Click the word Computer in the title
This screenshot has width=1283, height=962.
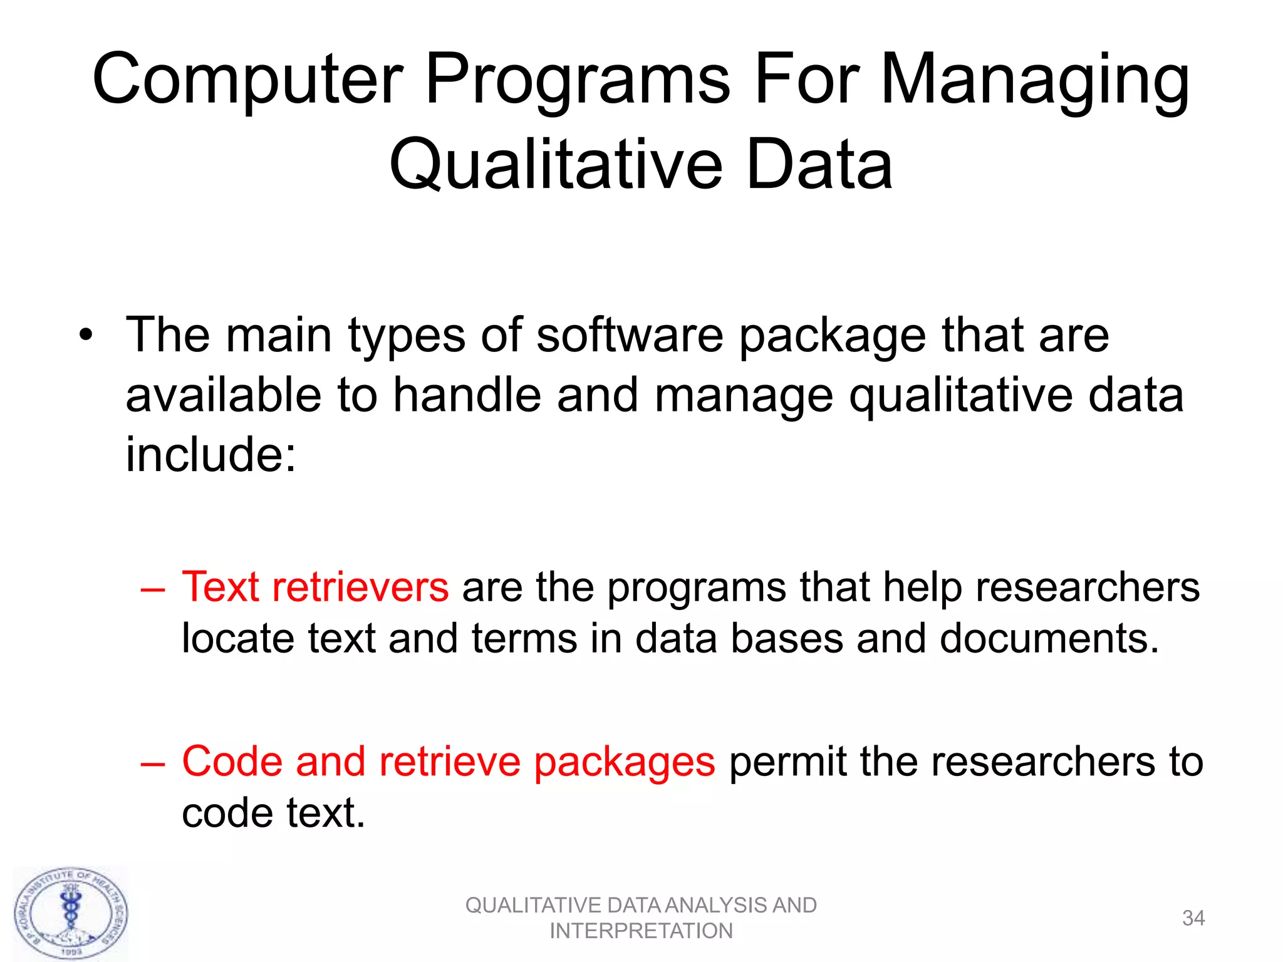click(x=247, y=80)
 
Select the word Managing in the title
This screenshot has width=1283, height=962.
click(x=1034, y=80)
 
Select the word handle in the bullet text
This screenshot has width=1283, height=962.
click(x=467, y=396)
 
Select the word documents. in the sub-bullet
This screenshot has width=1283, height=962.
click(x=1049, y=639)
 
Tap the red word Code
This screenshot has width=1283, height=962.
click(x=232, y=762)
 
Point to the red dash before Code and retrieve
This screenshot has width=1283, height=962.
click(x=153, y=763)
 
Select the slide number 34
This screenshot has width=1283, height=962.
click(x=1193, y=918)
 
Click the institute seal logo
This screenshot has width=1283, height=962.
click(x=71, y=914)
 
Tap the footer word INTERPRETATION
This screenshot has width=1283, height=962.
click(x=641, y=931)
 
